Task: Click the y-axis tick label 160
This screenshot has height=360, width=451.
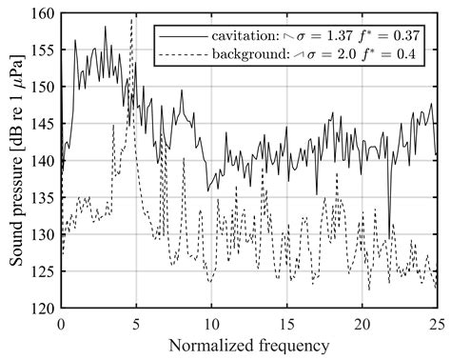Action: pyautogui.click(x=42, y=14)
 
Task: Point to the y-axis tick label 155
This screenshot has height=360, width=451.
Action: pyautogui.click(x=42, y=50)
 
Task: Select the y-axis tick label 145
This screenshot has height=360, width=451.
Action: pyautogui.click(x=42, y=124)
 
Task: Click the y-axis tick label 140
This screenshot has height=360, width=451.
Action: pyautogui.click(x=42, y=161)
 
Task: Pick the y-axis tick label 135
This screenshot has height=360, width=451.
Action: pyautogui.click(x=42, y=198)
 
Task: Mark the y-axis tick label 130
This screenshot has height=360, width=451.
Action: pyautogui.click(x=42, y=234)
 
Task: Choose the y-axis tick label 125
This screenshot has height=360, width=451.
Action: pyautogui.click(x=42, y=271)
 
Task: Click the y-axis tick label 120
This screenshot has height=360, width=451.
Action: pyautogui.click(x=42, y=308)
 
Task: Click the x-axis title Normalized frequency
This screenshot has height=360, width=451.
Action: pyautogui.click(x=248, y=344)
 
